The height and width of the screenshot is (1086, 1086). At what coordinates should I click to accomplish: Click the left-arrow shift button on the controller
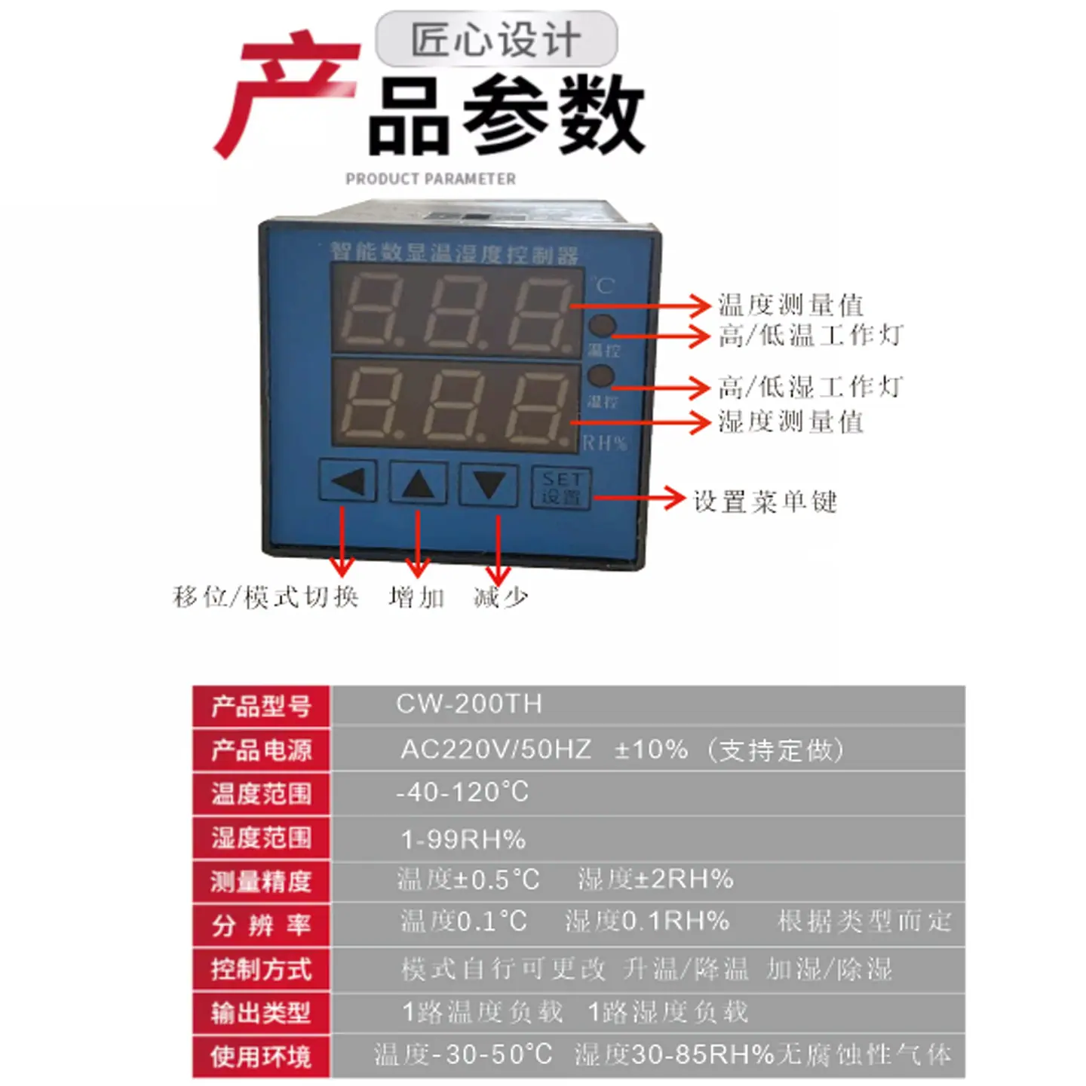[x=348, y=481]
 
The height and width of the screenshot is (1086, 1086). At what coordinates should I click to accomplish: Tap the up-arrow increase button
[x=418, y=482]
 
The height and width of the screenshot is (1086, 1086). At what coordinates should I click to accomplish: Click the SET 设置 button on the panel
[x=561, y=487]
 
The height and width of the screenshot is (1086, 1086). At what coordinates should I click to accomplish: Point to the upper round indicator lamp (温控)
[x=602, y=326]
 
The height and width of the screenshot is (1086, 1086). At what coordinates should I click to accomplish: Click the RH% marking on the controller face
[x=605, y=443]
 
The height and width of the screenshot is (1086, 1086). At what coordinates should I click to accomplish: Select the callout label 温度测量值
[x=790, y=305]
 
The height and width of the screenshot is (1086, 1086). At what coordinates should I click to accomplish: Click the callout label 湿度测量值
[x=790, y=422]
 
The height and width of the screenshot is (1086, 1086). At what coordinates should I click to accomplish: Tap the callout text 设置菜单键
[x=765, y=502]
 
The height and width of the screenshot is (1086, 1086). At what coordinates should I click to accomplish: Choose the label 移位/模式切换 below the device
[x=266, y=597]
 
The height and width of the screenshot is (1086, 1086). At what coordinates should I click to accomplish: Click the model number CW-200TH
[x=469, y=704]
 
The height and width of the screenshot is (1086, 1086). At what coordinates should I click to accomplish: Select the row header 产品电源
[x=261, y=750]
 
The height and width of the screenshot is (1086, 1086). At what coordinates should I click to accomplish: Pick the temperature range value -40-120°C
[x=462, y=793]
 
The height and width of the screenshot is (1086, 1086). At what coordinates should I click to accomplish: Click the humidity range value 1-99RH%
[x=463, y=839]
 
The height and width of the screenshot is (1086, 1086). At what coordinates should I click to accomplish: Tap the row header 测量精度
[x=261, y=881]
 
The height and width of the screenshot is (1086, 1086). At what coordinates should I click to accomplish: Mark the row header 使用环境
[x=261, y=1057]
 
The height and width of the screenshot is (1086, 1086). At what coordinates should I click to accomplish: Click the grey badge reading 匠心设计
[x=496, y=39]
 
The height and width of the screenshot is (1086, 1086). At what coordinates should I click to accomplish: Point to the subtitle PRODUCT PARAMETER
[x=431, y=179]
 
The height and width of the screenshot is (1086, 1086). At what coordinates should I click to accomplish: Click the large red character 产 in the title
[x=287, y=90]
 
